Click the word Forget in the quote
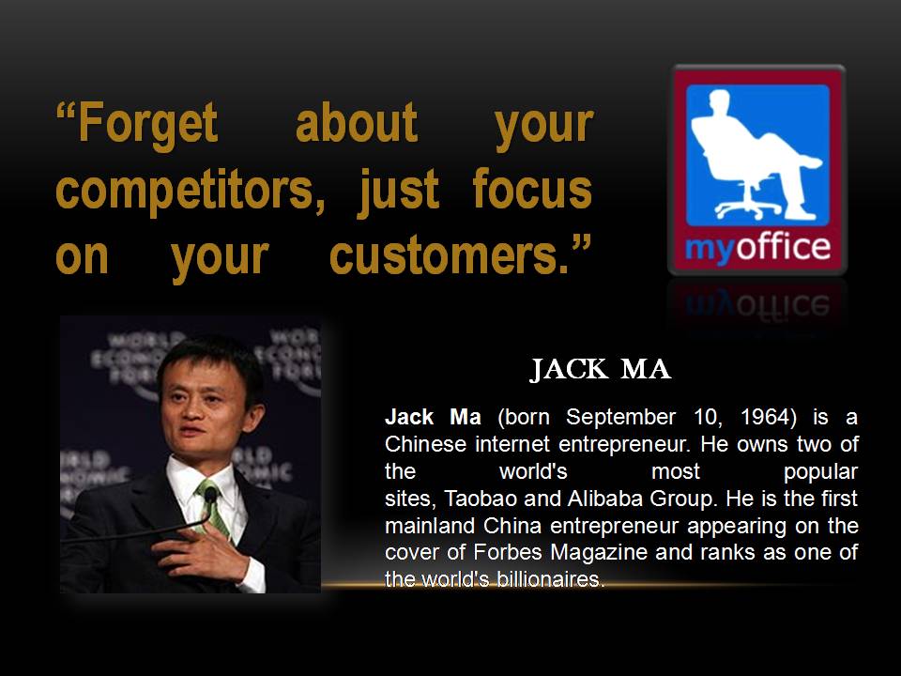click(x=147, y=122)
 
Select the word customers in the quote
click(x=444, y=256)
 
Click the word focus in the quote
click(x=532, y=188)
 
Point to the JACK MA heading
click(x=601, y=370)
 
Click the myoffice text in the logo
click(x=757, y=248)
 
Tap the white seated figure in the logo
click(x=756, y=155)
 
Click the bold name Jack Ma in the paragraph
click(x=433, y=417)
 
